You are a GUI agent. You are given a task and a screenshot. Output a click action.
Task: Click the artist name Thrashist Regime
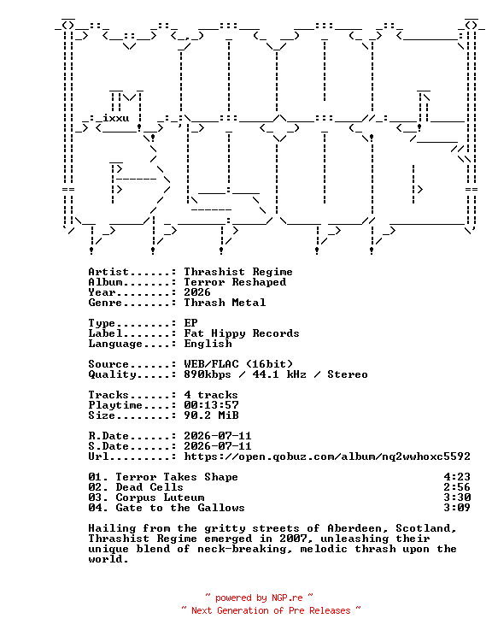tap(238, 272)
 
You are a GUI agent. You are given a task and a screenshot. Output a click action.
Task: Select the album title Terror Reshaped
tap(235, 282)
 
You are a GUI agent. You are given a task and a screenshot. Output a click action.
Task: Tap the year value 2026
tap(197, 292)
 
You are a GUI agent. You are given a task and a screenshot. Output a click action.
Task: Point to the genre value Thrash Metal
tap(225, 303)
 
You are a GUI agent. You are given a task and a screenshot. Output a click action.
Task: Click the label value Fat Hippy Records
tap(242, 333)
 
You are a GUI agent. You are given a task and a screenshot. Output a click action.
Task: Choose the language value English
tap(208, 344)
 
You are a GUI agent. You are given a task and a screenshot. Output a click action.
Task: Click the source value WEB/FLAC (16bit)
tap(238, 364)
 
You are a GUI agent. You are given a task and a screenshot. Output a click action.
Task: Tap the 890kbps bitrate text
tap(208, 374)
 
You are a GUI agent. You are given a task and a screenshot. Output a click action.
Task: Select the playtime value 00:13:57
tap(211, 405)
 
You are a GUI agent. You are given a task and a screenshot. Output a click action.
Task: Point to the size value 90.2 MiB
tap(211, 415)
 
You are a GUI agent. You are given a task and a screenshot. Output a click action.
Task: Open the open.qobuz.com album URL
tap(327, 456)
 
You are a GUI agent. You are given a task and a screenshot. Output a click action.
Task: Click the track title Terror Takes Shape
tap(177, 477)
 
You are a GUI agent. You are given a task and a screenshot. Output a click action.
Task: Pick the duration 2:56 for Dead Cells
tap(457, 487)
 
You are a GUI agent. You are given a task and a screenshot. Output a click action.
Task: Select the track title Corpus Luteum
tap(160, 498)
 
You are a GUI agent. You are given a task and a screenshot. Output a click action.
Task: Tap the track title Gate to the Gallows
tap(180, 508)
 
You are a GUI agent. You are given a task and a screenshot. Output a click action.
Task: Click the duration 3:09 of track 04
tap(457, 508)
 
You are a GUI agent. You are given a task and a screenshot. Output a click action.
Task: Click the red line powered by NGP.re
tap(259, 598)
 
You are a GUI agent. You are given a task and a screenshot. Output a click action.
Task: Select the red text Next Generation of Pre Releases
tap(271, 610)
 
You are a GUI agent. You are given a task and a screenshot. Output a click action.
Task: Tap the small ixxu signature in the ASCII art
tap(116, 118)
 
